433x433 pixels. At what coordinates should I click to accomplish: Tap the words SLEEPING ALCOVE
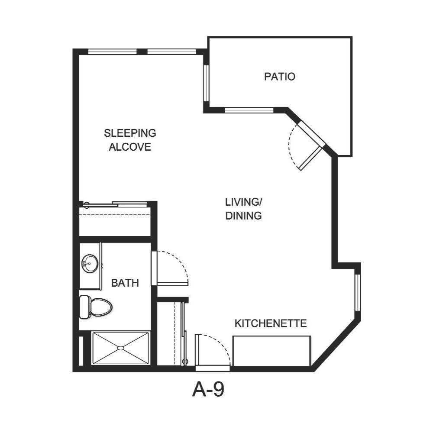click(x=130, y=139)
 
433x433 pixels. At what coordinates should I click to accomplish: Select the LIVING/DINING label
click(x=244, y=208)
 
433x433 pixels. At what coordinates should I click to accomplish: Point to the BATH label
click(x=125, y=283)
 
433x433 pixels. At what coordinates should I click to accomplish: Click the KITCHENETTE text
click(x=271, y=323)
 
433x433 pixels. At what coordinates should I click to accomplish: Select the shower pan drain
click(x=121, y=348)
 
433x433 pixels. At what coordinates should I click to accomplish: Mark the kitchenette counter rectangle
click(x=271, y=350)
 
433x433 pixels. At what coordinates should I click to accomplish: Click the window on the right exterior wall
click(x=358, y=293)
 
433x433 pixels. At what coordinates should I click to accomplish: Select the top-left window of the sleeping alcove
click(x=113, y=52)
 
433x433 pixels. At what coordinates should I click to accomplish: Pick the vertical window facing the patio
click(x=207, y=83)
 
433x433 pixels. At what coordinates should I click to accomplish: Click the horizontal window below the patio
click(x=249, y=110)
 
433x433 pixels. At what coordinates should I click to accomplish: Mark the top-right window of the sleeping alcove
click(x=172, y=52)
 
